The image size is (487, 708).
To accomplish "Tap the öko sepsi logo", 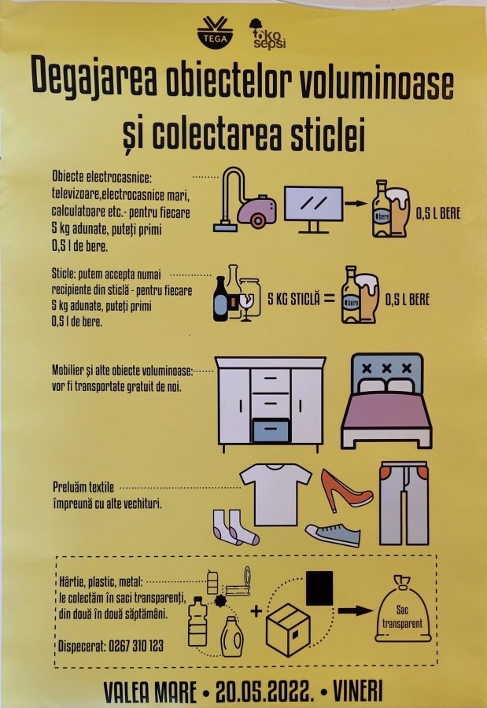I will (x=266, y=33).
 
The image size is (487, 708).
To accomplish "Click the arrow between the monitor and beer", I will (x=357, y=204).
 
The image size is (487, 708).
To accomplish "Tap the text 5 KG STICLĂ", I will (x=296, y=299).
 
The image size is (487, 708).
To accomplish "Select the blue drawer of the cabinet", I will (x=270, y=430).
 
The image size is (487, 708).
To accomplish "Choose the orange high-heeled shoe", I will (x=346, y=489).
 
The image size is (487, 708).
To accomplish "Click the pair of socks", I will (x=234, y=526).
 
